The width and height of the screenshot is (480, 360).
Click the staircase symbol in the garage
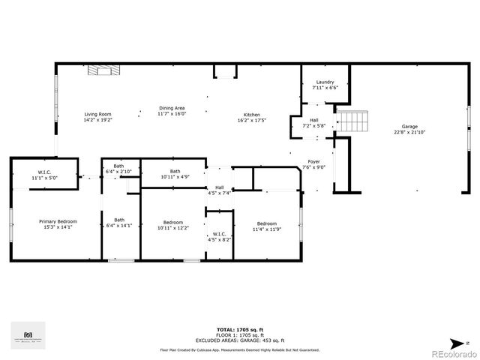[x=353, y=121]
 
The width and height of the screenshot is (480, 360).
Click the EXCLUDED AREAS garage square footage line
[x=239, y=340]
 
